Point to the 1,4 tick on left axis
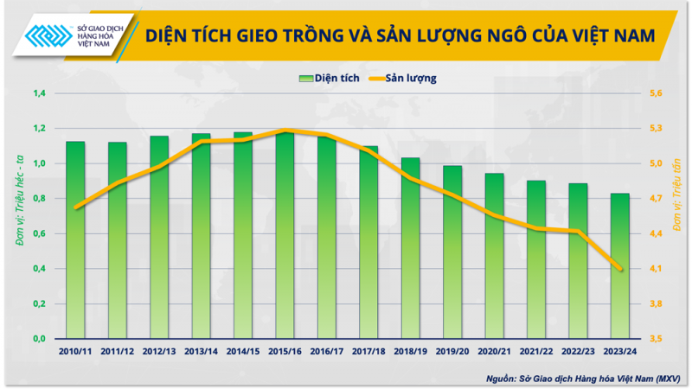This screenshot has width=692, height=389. pyautogui.click(x=40, y=93)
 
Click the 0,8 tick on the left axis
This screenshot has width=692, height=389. pyautogui.click(x=40, y=199)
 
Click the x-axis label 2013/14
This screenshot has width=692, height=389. pyautogui.click(x=201, y=352)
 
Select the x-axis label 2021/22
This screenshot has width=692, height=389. pyautogui.click(x=535, y=352)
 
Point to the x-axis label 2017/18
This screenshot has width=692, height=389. pyautogui.click(x=368, y=352)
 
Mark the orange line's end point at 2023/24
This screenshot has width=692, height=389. pyautogui.click(x=619, y=270)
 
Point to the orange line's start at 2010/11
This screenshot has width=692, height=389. pyautogui.click(x=76, y=207)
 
